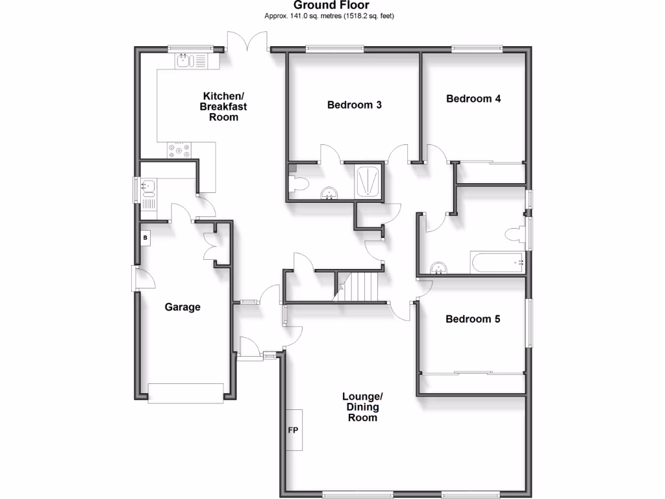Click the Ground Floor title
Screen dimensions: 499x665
331,5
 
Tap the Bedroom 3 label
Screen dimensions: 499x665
354,105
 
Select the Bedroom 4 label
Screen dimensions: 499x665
473,99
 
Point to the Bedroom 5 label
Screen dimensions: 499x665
473,319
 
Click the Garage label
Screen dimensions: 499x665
182,307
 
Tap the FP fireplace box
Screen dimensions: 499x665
294,429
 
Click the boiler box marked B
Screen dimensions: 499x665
145,238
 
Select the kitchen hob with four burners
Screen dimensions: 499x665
179,150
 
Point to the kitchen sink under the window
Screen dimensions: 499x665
185,62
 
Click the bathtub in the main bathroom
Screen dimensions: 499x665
497,263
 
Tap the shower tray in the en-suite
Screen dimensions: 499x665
368,180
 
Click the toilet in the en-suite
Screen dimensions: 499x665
299,183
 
